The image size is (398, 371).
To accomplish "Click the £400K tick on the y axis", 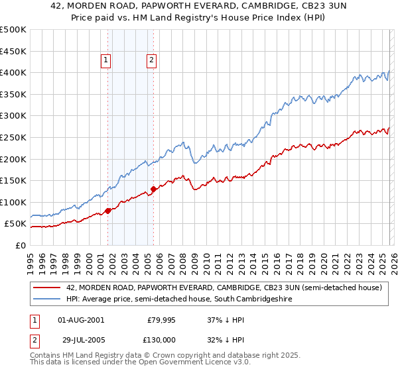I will point(13,72).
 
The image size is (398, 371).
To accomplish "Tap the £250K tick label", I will point(13,137).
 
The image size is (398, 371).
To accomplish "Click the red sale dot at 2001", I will point(107,211).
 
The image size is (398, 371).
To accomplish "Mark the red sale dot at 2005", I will point(153,189).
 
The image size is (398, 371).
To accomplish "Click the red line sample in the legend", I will point(48,288).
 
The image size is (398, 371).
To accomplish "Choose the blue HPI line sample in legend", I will point(48,299).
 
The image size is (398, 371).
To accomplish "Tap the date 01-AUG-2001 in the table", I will point(81,320).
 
